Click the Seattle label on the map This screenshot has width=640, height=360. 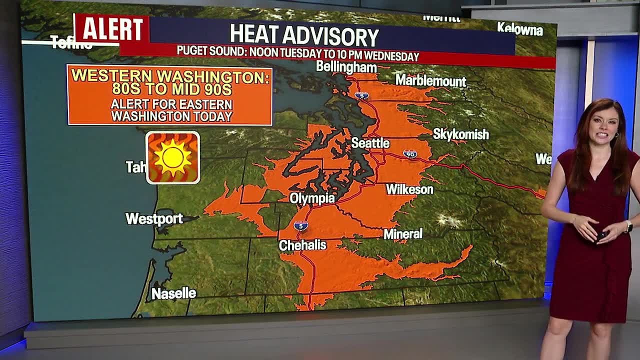point(370,143)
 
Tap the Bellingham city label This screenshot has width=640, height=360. point(346,67)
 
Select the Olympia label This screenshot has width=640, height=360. point(312,198)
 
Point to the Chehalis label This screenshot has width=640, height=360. point(302,245)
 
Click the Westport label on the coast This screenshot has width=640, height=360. point(154,219)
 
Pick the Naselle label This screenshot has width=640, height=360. point(173,293)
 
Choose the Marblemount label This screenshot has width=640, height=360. point(430,81)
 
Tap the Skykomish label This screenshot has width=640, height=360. point(460,134)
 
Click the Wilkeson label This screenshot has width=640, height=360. point(409,189)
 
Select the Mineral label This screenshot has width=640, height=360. point(403,233)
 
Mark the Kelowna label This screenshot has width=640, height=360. point(520,29)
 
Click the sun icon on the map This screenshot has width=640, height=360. point(173,157)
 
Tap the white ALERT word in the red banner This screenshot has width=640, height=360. point(112,29)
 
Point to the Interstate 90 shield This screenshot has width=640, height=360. point(410,154)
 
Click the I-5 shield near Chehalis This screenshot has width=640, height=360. point(300,225)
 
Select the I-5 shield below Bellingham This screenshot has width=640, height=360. point(362,95)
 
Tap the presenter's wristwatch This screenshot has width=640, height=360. point(628,226)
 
